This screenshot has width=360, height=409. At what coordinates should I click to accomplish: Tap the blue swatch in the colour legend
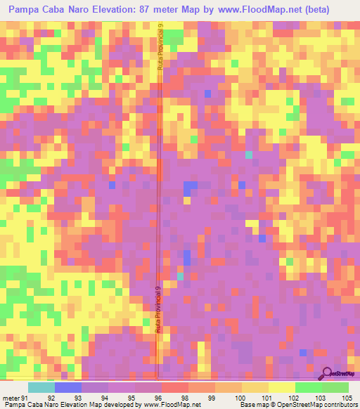67,387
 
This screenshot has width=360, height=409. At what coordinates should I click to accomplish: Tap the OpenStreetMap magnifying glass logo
327,373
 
